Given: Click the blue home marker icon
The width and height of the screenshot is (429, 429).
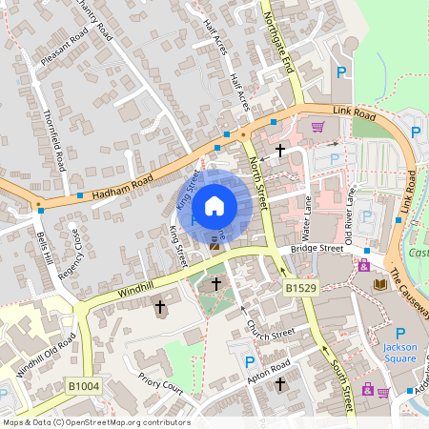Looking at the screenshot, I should (x=214, y=205).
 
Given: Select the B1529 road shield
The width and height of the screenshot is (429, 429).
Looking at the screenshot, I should (x=298, y=287).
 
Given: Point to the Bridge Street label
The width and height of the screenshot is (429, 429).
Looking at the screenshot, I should (x=317, y=249).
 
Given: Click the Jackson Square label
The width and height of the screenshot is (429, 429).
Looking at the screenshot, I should (x=400, y=354).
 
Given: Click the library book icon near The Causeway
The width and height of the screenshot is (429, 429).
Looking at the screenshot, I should (x=381, y=285).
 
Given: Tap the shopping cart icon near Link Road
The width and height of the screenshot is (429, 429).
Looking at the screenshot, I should (x=317, y=125).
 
